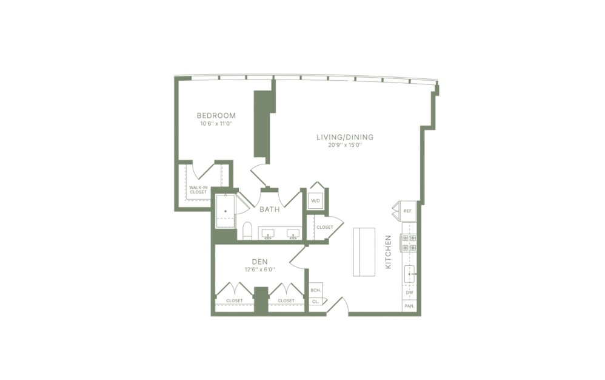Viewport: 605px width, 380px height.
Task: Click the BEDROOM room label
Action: coord(216,115)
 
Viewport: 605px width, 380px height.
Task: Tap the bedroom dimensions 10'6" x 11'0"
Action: coord(216,124)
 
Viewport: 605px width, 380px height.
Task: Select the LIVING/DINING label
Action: coord(344,137)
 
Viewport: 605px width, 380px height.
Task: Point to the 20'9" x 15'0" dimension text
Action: coord(344,146)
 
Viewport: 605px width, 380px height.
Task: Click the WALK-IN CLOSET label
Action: coord(198,190)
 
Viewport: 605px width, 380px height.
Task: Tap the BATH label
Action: coord(269,210)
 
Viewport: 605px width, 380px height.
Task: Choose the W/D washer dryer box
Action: coord(315,200)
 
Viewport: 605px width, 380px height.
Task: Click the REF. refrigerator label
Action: coord(408,211)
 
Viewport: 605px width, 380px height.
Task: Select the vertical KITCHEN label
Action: coord(389,253)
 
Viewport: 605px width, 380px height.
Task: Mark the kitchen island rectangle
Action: coord(364,251)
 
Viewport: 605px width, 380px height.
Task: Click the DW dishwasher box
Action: coord(410,293)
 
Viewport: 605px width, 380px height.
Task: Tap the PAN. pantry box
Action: coord(410,307)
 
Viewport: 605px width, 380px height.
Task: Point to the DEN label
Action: coord(259,262)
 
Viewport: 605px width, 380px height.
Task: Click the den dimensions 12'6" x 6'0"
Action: coord(259,270)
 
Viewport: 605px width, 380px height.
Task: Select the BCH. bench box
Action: coord(315,290)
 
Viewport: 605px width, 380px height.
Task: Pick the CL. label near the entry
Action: coord(315,301)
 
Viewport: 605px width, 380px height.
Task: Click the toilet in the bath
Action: coord(247,231)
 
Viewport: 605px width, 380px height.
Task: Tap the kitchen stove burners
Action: coord(409,243)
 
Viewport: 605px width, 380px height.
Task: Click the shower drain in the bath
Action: coord(226,211)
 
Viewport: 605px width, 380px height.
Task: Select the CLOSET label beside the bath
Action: coord(325,227)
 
